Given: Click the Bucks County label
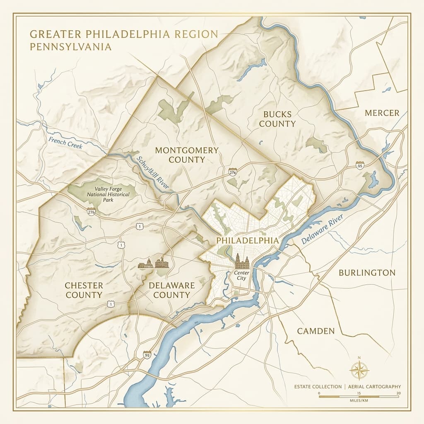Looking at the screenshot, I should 277,119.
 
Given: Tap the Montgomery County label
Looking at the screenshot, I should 181,155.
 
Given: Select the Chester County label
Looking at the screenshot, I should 84,290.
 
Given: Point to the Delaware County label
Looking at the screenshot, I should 169,290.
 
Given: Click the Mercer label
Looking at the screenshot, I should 382,113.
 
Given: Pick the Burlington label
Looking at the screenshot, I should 367,272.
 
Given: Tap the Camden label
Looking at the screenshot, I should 316,331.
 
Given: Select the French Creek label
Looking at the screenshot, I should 65,143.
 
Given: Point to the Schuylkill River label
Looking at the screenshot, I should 153,173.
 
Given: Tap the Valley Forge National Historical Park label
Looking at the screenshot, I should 106,194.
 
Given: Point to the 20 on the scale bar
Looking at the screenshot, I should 398,393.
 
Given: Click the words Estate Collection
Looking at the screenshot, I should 318,386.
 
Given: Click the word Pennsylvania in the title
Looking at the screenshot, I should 70,46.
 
